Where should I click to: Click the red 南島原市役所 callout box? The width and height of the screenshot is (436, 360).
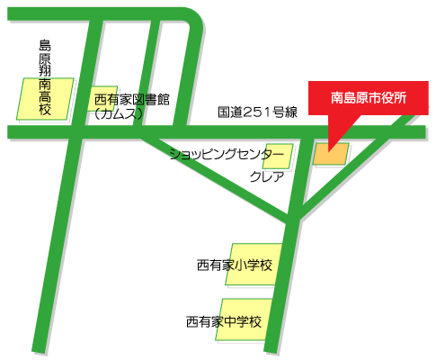[369, 98]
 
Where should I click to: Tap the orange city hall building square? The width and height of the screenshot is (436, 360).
[330, 154]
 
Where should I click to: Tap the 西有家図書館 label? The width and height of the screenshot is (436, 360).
[132, 99]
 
